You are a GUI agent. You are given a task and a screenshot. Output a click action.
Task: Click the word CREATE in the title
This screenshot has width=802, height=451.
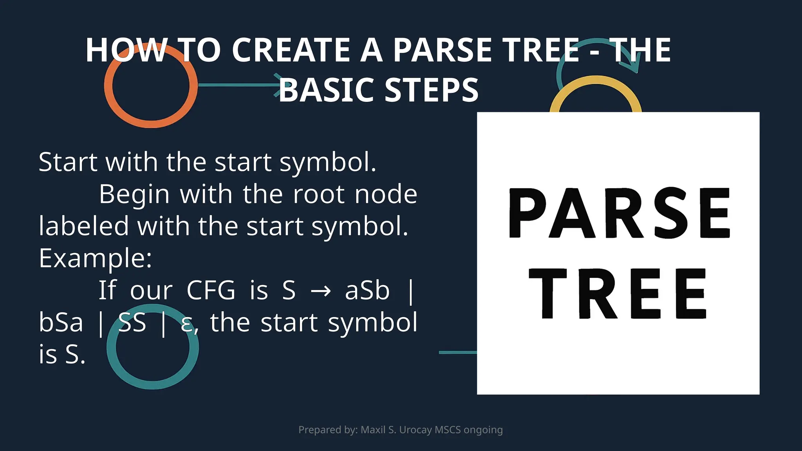[291, 50]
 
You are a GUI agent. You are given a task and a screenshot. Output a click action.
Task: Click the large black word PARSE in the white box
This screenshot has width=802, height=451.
[619, 213]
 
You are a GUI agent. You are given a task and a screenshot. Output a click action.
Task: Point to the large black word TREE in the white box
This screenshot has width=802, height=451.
[618, 294]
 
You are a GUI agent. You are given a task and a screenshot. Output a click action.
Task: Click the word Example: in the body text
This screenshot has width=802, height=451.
[95, 258]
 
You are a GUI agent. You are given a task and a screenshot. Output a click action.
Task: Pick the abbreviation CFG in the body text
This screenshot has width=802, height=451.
[211, 290]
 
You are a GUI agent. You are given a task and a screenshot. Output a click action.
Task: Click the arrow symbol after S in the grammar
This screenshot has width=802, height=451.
[320, 291]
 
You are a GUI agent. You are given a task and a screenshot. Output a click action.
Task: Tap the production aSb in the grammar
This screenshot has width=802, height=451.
[367, 290]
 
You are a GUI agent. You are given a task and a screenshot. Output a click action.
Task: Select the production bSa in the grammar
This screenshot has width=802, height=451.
[61, 322]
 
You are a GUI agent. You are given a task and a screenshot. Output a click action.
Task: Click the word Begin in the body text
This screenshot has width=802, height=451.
[134, 194]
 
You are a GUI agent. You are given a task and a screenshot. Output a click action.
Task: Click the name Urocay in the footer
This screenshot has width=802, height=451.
[415, 430]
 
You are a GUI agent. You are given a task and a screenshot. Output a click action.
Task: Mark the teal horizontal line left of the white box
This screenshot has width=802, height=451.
[457, 352]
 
